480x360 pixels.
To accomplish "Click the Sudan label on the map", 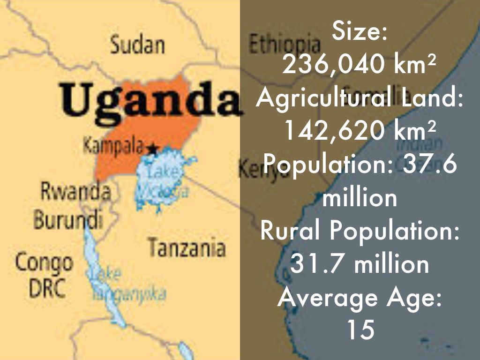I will [x=137, y=45].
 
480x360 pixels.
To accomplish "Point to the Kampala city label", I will [x=113, y=146].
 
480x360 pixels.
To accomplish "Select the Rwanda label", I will [x=75, y=192].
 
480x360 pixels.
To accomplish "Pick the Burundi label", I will [x=68, y=219].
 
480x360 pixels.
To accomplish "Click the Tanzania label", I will [x=187, y=247].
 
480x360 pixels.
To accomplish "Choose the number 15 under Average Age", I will [x=360, y=330].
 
